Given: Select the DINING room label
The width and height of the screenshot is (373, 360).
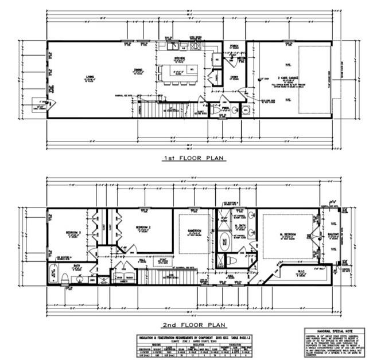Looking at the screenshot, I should [138, 71].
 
